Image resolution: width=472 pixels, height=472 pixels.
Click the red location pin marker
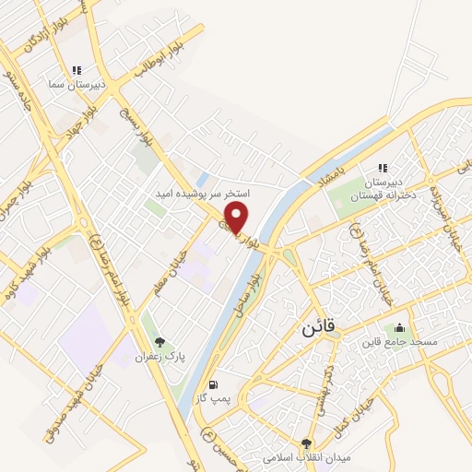(x=238, y=218)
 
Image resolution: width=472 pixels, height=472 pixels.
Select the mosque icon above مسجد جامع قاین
(x=399, y=327)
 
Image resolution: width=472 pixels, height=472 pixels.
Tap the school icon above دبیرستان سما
(x=77, y=69)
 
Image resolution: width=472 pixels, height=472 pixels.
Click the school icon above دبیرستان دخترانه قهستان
(x=382, y=168)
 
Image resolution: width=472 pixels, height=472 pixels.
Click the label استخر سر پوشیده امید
(x=204, y=195)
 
